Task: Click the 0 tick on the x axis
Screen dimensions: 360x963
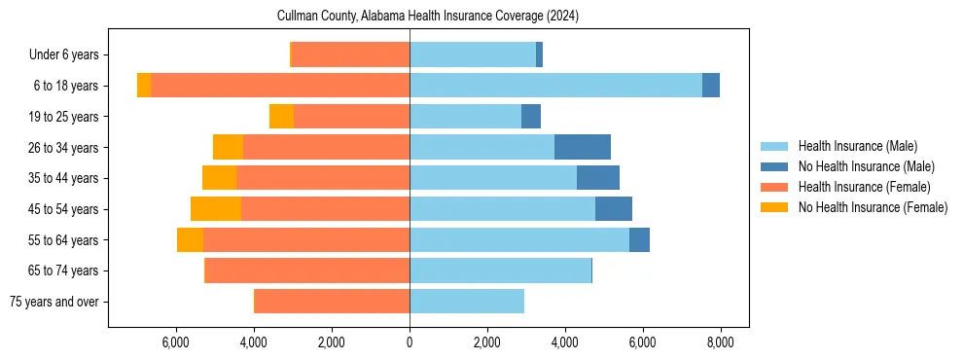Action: tap(410, 342)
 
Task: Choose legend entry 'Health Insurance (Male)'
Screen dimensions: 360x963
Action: tap(857, 146)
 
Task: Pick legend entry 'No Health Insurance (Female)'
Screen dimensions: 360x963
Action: tap(873, 207)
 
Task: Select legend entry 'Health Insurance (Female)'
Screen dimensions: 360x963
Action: tap(864, 187)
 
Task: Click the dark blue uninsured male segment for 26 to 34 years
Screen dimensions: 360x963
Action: tap(583, 148)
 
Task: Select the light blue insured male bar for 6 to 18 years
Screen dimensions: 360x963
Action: tap(555, 86)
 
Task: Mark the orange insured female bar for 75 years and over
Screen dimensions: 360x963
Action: tap(332, 302)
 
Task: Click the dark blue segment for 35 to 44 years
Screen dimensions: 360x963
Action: tap(598, 178)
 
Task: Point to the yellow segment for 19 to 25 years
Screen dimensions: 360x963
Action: tap(281, 117)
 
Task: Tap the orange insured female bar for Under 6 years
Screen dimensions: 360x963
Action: tap(350, 55)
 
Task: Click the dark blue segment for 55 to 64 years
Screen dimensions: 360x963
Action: tap(639, 240)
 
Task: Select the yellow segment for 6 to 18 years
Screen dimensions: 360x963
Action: tap(144, 86)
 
